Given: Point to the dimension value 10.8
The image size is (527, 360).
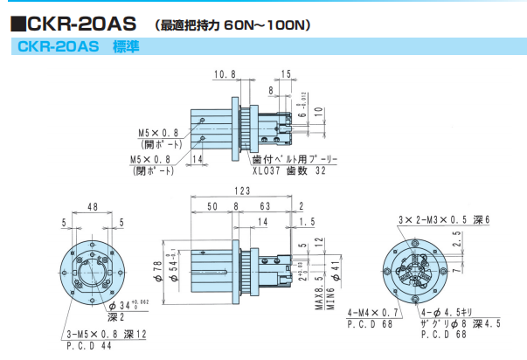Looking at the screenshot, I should (225, 75).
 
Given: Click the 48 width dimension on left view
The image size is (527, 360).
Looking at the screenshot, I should (92, 207).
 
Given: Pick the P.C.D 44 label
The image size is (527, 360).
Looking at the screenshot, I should (87, 345).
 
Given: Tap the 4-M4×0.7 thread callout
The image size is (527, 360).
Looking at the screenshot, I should (373, 311).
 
